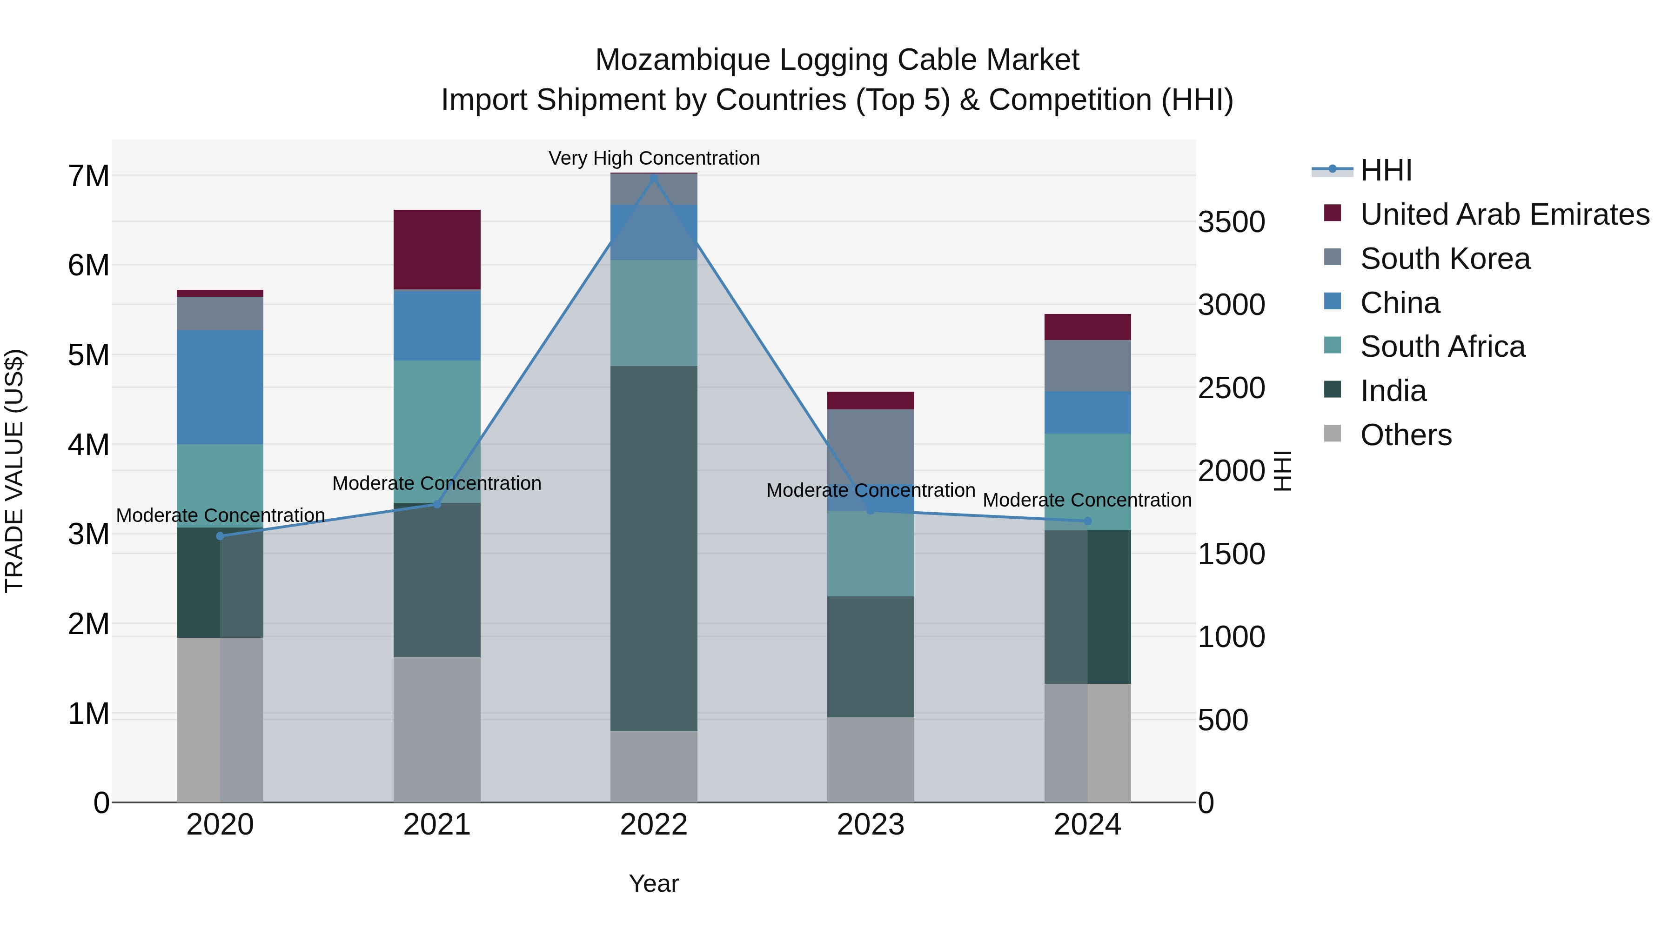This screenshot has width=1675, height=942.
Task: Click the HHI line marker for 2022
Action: (654, 178)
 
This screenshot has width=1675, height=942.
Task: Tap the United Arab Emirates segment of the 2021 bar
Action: (437, 250)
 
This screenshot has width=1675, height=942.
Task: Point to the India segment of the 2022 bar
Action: (654, 548)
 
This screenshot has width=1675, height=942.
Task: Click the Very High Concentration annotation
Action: (654, 158)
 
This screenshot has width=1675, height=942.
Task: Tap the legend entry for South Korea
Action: (1445, 259)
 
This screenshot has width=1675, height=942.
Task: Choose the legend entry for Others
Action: (1405, 435)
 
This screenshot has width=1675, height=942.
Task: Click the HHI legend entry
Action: (1385, 170)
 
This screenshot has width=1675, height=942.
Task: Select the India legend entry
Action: (1393, 391)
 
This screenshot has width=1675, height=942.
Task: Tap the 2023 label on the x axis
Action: (871, 825)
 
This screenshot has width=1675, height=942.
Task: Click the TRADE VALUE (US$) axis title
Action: (14, 471)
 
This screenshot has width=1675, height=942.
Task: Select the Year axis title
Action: (654, 883)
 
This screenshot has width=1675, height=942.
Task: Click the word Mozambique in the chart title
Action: (682, 60)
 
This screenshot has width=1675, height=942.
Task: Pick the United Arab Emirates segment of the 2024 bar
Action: (1087, 327)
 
